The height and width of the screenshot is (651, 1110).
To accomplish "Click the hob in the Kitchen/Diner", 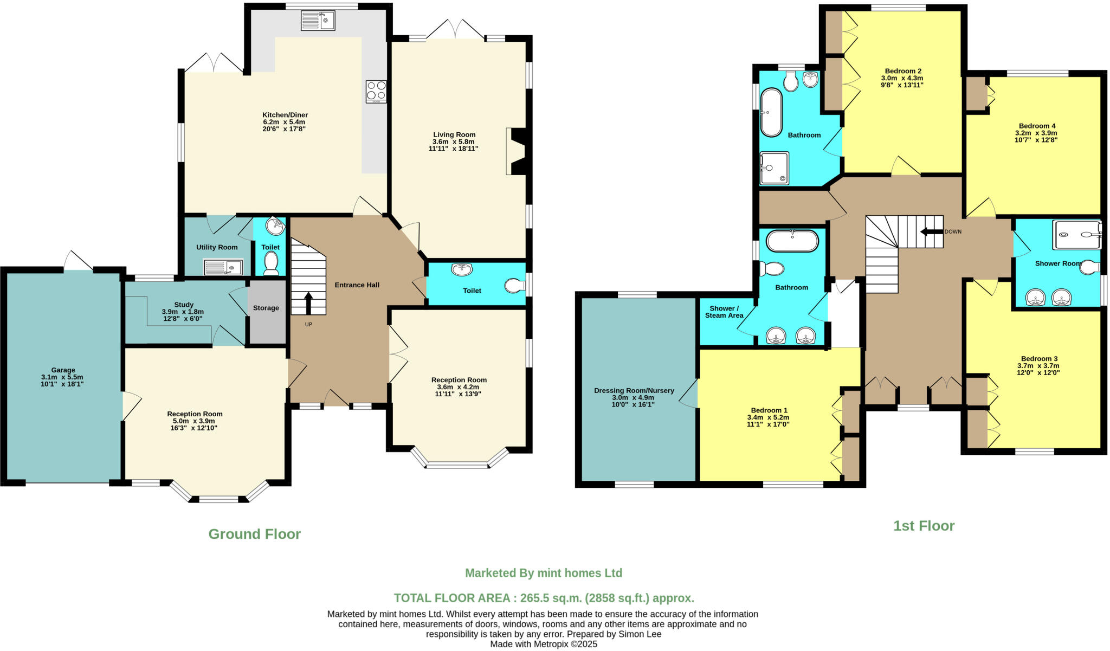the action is point(376,92).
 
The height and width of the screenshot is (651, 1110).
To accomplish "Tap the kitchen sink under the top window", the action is point(318,21).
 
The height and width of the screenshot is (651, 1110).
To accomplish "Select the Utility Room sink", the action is point(223,267).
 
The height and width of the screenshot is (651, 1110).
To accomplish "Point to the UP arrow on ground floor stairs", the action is point(308,304).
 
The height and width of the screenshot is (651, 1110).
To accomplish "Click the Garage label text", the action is point(63,370).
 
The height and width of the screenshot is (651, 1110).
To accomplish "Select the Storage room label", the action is point(266,308).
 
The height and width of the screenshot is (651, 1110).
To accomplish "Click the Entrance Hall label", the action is point(357,285).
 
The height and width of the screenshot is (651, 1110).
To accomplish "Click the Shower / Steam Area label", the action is point(724,312).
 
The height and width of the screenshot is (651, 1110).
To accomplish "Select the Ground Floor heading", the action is point(255,534).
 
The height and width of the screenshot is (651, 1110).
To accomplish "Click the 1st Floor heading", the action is point(924,526).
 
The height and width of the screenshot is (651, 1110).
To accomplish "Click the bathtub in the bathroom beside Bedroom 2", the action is point(771,113).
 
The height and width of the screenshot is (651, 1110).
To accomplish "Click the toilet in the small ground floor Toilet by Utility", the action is point(270,263).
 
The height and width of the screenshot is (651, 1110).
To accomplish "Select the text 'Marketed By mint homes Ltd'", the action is point(544,573).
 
